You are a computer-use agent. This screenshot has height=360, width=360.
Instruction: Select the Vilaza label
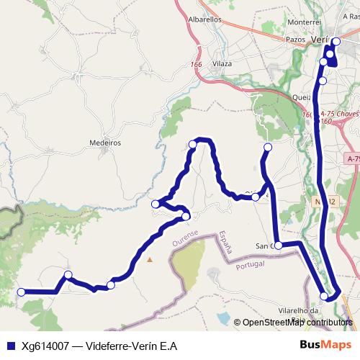click(222, 64)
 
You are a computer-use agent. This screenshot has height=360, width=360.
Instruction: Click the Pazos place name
click(296, 40)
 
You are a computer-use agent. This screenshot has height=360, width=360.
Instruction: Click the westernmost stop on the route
click(21, 292)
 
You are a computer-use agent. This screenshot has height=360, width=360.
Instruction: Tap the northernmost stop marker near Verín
click(336, 41)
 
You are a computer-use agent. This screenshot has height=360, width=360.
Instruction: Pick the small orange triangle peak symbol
click(150, 259)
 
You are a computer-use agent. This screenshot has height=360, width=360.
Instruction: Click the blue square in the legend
click(9, 346)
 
